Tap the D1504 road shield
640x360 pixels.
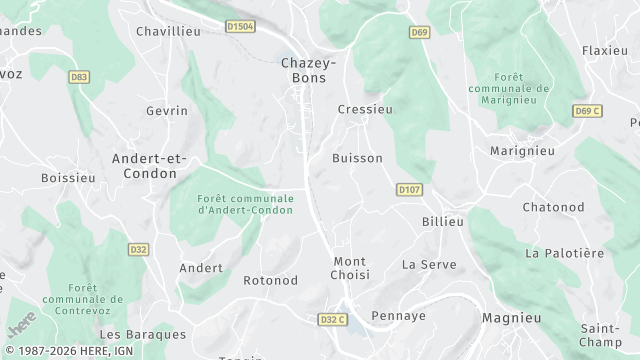pos(240,27)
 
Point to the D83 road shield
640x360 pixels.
pos(79,76)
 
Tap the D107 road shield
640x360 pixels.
pos(407,188)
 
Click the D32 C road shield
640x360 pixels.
pos(332,319)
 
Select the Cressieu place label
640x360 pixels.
pos(365,109)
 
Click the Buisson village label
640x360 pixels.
pos(357,158)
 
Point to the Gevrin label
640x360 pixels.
pos(166,111)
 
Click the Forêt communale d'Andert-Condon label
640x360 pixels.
pos(246,205)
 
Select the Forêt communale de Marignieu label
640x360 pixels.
pos(509,82)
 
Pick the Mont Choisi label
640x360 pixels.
pos(350,268)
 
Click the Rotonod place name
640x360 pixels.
pos(271,281)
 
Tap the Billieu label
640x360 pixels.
pos(443,221)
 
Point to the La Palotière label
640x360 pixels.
pos(565,253)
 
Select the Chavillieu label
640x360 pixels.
pos(168,31)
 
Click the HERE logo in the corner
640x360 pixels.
pos(20,326)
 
